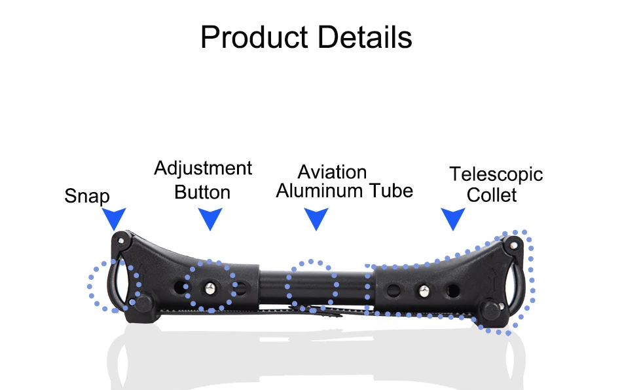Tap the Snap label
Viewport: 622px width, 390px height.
click(87, 196)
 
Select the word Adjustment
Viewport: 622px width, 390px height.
click(203, 169)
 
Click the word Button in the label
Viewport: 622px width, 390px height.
click(202, 193)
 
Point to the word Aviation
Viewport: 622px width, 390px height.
click(332, 172)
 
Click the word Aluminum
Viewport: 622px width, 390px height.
click(320, 191)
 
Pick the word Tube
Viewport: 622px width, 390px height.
click(390, 191)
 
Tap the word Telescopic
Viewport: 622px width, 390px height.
click(496, 174)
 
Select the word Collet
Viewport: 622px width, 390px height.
click(492, 195)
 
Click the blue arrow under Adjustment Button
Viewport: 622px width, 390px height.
click(210, 218)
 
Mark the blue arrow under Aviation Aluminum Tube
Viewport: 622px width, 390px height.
click(316, 218)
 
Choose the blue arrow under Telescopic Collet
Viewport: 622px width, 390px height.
click(452, 218)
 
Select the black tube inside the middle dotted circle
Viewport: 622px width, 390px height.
click(312, 285)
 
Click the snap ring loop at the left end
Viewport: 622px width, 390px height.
click(115, 283)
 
